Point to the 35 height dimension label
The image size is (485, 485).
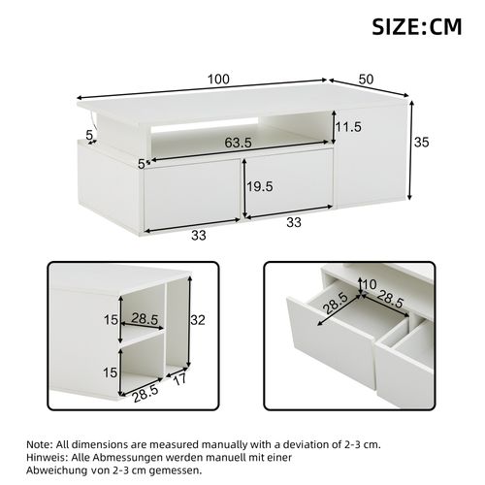[x=420, y=142]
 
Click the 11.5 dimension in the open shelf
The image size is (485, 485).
[x=350, y=128]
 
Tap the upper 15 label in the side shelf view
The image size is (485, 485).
[x=112, y=319]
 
